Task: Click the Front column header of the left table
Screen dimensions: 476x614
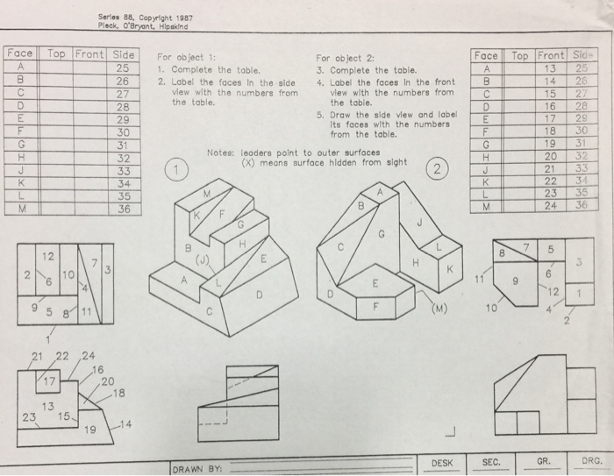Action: (x=91, y=53)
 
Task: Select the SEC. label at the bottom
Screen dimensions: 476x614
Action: (x=491, y=461)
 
